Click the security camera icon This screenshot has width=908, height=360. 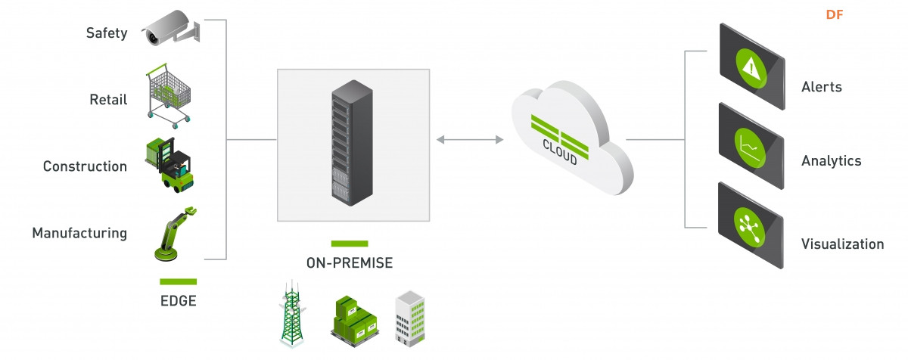click(171, 28)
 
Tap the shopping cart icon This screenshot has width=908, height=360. click(168, 96)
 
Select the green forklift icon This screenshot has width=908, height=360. click(169, 165)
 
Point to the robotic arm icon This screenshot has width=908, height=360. click(175, 234)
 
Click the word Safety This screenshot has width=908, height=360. click(107, 33)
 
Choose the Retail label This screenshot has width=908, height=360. click(108, 100)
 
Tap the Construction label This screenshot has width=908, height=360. click(85, 166)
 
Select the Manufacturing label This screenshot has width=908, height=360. click(79, 233)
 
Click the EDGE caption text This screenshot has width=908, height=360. click(179, 301)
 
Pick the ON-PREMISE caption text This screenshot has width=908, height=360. click(350, 263)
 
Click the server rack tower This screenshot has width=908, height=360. click(353, 143)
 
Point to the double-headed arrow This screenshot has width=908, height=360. click(470, 140)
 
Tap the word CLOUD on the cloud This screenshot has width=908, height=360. click(560, 152)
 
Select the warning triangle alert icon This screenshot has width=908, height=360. click(751, 68)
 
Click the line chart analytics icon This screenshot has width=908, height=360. click(750, 147)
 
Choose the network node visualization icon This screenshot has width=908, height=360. click(750, 227)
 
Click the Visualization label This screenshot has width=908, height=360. click(842, 244)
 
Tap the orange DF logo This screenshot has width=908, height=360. click(834, 15)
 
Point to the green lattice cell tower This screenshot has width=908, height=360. click(292, 314)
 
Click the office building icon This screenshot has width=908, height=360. click(410, 318)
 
